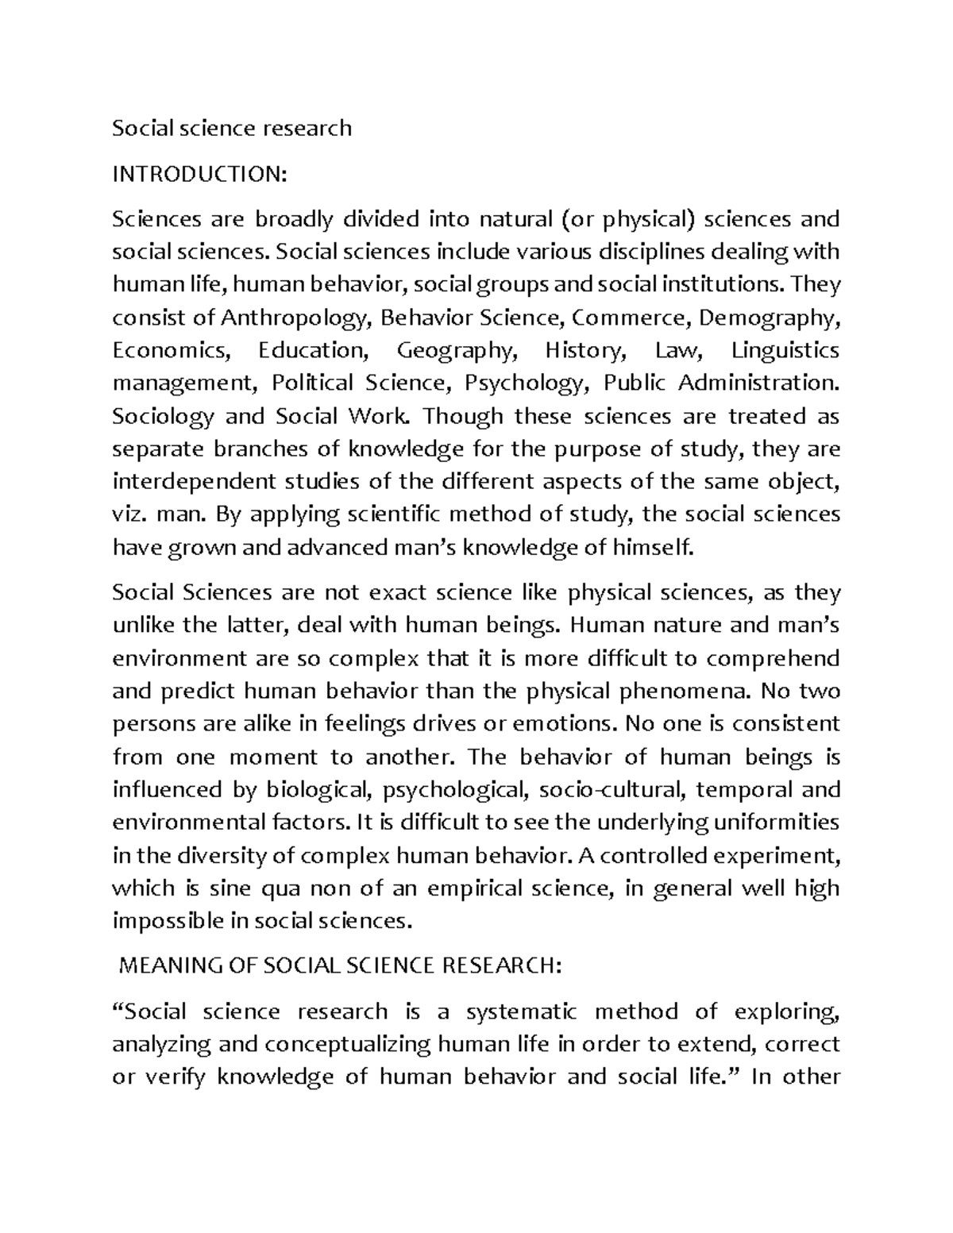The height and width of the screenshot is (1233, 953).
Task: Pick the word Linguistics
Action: (785, 350)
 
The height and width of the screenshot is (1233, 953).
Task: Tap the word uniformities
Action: (774, 823)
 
